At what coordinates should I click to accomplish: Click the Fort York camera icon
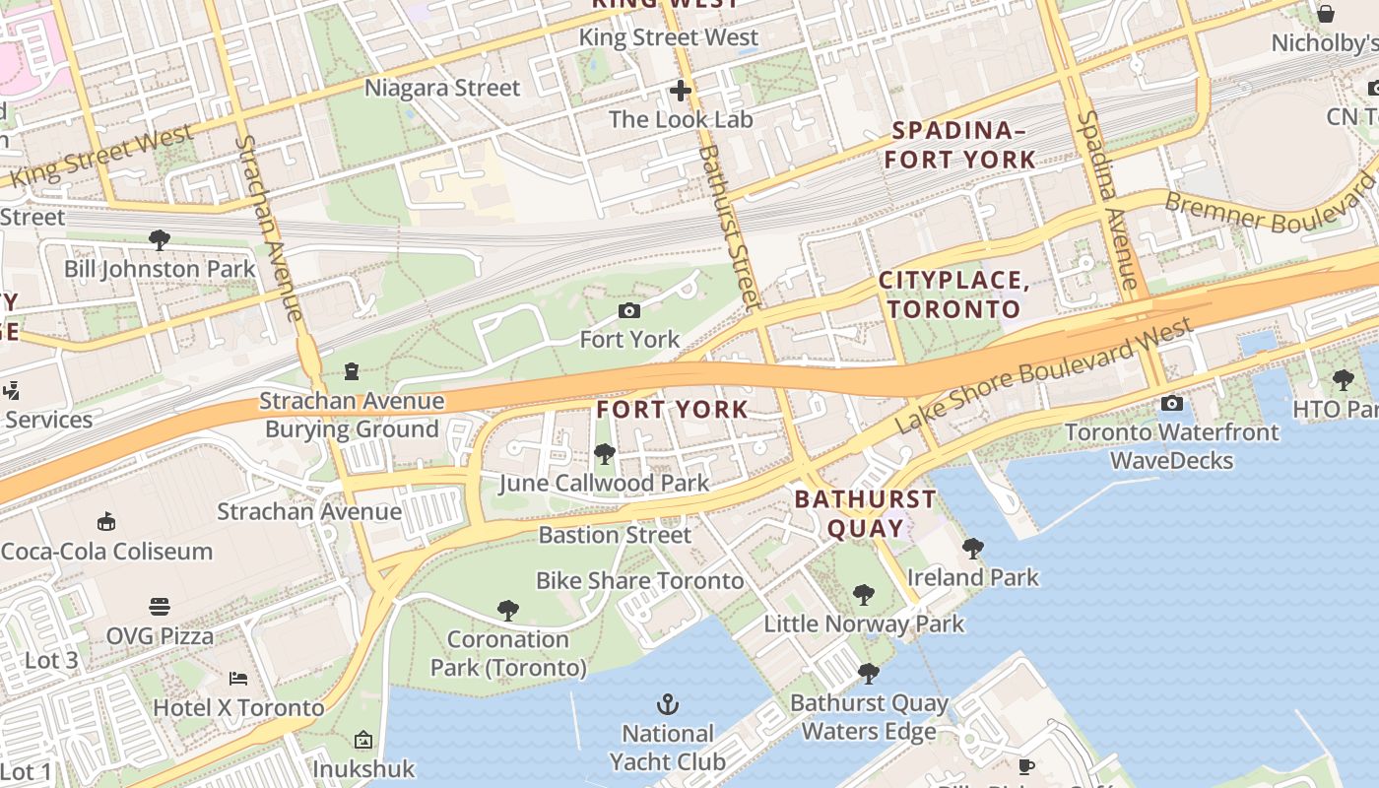628,311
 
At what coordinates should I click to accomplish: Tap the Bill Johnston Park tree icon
159,239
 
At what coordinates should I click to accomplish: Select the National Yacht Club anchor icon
668,704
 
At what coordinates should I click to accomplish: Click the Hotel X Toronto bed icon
238,678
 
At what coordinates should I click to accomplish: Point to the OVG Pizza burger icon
160,606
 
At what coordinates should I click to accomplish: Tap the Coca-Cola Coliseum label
106,551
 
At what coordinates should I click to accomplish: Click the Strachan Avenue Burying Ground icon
352,371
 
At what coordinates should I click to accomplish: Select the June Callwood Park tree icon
604,453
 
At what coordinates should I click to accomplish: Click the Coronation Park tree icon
507,610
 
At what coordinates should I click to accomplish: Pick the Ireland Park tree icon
972,549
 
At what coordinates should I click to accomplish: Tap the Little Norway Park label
864,624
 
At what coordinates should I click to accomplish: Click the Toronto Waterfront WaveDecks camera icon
1171,403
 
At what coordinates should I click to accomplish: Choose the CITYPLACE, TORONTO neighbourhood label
953,295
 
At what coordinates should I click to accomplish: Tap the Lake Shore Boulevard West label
1044,375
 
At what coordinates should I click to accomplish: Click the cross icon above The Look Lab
680,92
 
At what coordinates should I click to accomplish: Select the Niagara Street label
442,88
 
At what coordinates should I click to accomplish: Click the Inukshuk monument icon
363,739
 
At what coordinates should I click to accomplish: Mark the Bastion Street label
615,535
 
